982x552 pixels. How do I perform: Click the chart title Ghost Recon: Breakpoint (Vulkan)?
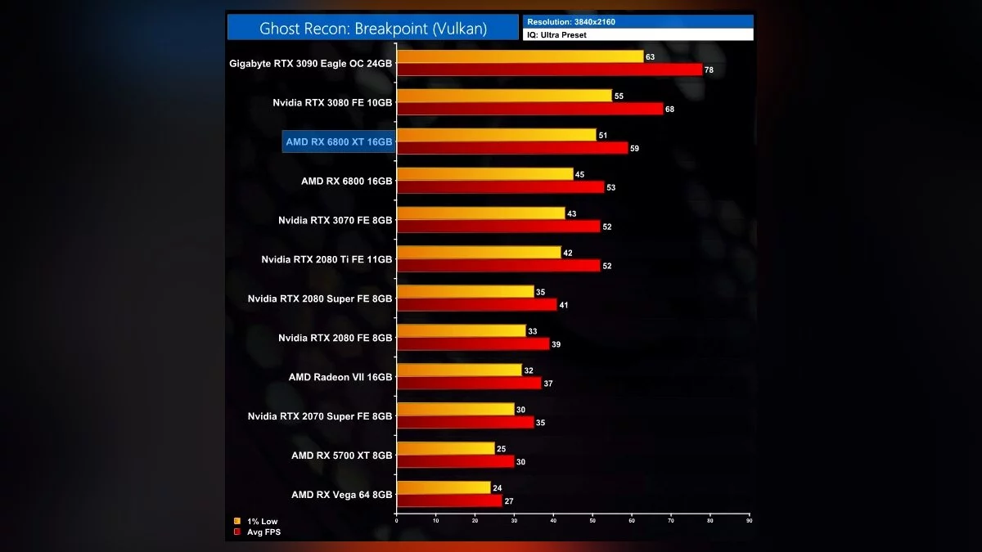coord(373,28)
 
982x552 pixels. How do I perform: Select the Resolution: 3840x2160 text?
coord(571,21)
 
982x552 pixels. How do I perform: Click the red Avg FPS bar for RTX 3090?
coord(549,70)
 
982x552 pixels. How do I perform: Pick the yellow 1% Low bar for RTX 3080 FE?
coord(504,96)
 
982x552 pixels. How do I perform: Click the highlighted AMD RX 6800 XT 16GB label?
coord(339,141)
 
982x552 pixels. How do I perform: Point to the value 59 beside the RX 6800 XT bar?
coord(634,148)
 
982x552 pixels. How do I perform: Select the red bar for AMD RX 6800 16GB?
coord(500,187)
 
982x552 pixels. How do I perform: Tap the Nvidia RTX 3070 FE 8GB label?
coord(335,220)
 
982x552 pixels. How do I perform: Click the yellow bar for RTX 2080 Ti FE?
coord(479,253)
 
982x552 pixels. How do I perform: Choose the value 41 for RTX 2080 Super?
coord(563,305)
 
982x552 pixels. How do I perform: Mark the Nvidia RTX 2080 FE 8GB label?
coord(335,338)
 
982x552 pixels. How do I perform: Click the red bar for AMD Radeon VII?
coord(469,383)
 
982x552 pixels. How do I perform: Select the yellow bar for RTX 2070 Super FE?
coord(455,409)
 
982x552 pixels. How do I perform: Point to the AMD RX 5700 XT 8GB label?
coord(341,456)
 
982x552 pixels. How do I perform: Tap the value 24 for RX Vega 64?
coord(497,487)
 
